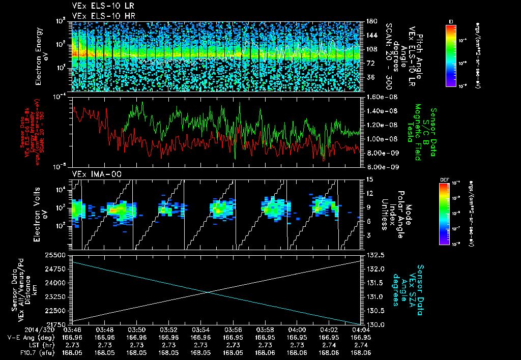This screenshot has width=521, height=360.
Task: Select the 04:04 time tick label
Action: [361, 330]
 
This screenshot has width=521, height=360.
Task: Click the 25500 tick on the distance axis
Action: [57, 255]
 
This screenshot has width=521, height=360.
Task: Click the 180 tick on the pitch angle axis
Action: [371, 21]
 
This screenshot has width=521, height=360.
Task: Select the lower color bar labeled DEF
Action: [444, 214]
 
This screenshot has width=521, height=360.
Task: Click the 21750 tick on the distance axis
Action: [57, 324]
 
